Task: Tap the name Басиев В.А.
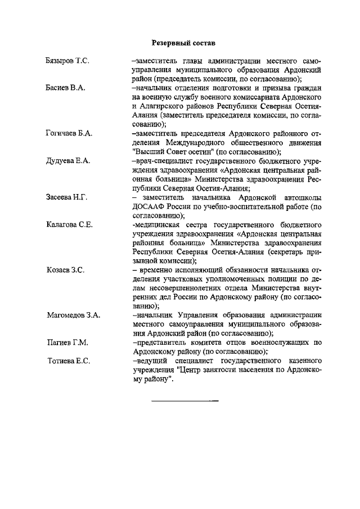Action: [x=65, y=88]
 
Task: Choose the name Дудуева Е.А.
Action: [x=68, y=161]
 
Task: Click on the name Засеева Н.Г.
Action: [x=66, y=197]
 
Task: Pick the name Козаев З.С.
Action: [x=65, y=270]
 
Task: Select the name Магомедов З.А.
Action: [x=73, y=315]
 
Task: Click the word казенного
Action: [x=299, y=361]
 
